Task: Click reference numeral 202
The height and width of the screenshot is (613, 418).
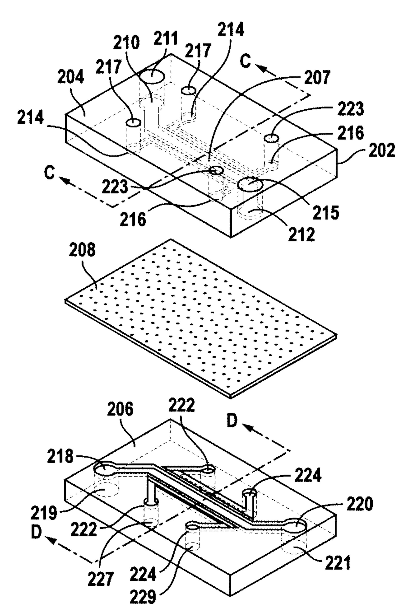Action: coord(382,151)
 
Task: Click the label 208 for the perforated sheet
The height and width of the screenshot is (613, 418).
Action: coord(82,250)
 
